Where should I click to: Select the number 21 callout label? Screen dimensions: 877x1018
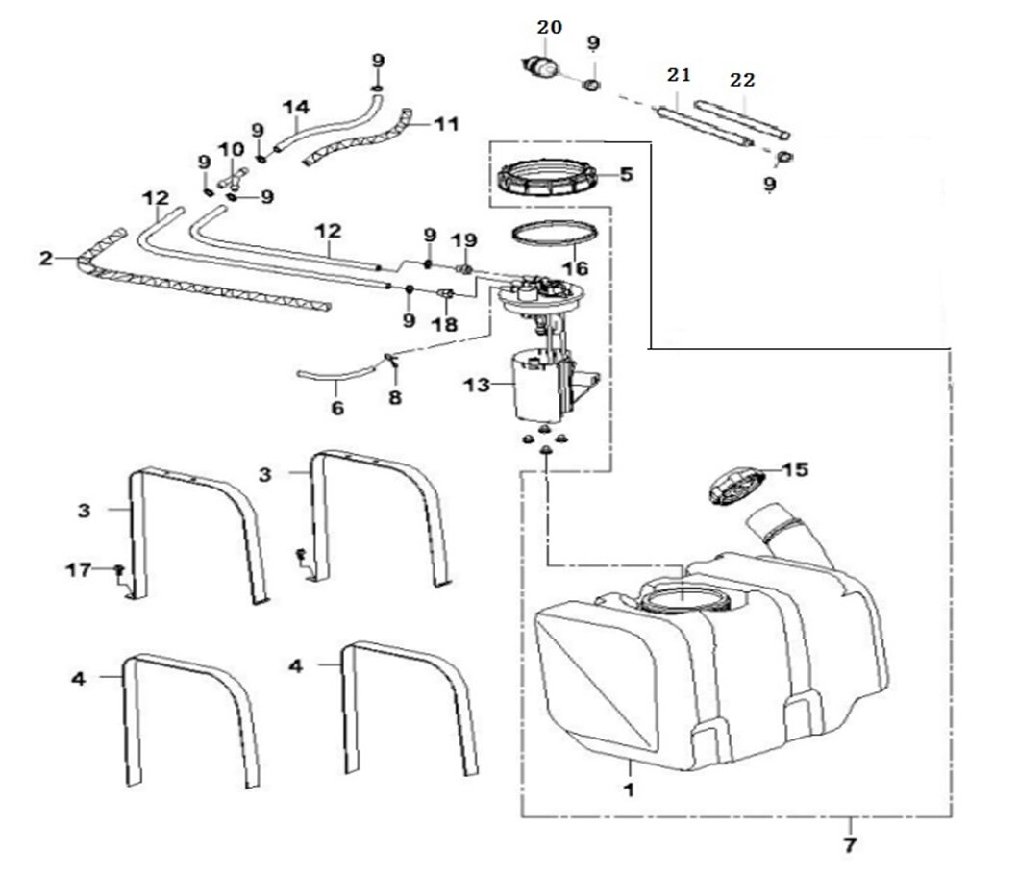tap(680, 75)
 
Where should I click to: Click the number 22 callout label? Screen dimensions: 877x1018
tap(741, 80)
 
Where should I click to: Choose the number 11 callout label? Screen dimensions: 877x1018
tap(445, 123)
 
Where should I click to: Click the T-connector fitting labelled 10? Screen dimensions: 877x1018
tap(232, 178)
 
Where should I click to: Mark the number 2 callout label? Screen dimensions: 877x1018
tap(45, 257)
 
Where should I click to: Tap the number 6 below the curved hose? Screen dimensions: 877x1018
tap(336, 407)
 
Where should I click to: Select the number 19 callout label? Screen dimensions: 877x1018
tap(463, 238)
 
